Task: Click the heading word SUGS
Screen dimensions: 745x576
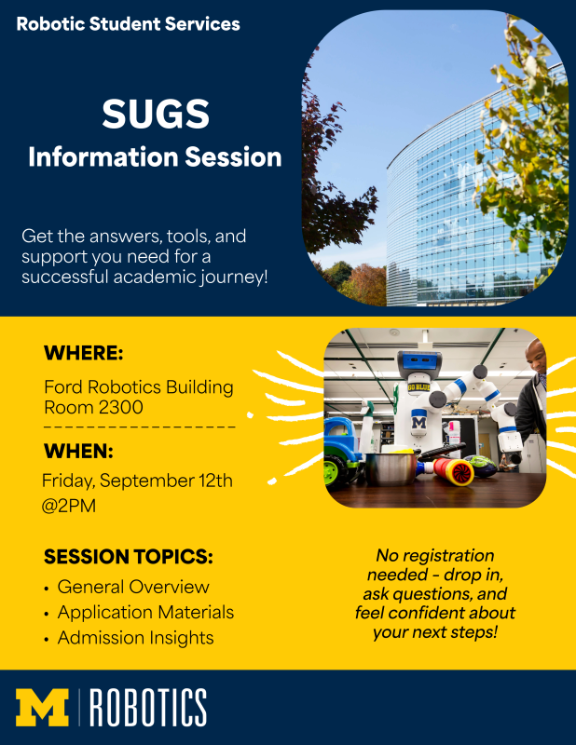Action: (x=156, y=115)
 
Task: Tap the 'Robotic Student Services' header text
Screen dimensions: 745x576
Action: (x=128, y=24)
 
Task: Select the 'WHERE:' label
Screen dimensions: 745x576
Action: (x=83, y=354)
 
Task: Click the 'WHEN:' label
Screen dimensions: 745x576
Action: (x=78, y=452)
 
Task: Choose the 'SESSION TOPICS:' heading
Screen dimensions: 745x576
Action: (x=129, y=558)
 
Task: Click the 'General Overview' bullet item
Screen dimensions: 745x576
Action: (x=133, y=588)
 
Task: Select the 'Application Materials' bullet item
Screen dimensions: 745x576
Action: (x=145, y=613)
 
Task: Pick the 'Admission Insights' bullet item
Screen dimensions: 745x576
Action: (x=135, y=638)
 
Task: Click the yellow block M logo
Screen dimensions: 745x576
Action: (x=43, y=708)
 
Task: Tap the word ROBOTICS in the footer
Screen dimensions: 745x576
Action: (x=148, y=708)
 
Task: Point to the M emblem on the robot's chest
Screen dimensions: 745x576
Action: (x=419, y=422)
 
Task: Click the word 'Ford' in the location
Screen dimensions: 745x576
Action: (x=63, y=387)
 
